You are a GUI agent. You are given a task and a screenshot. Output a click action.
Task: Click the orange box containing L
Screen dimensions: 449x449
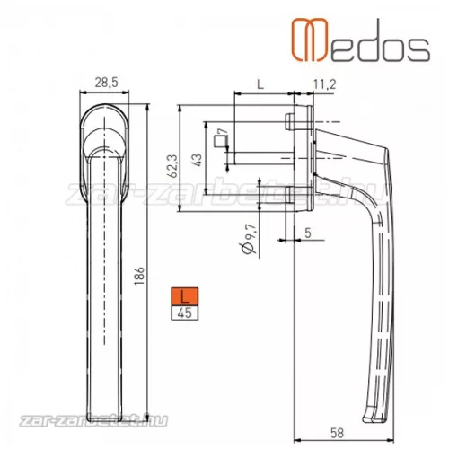184,296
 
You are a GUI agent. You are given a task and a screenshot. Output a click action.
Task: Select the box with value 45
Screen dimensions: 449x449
184,313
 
